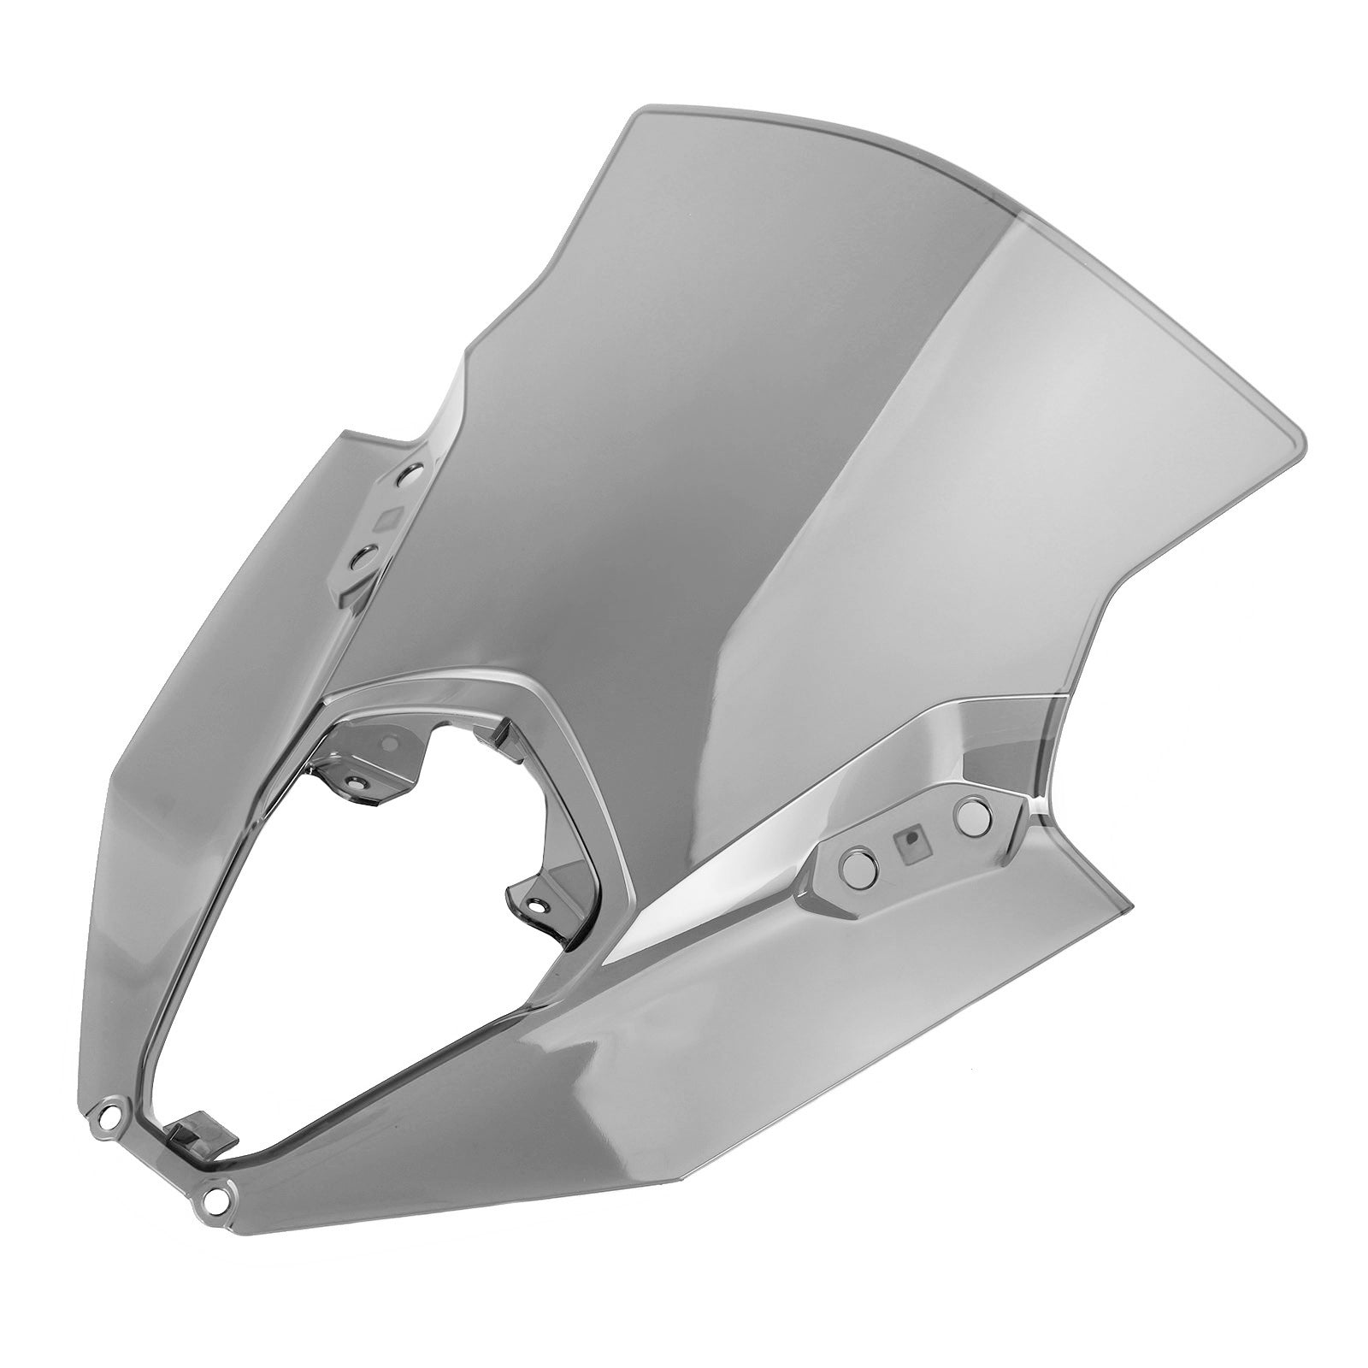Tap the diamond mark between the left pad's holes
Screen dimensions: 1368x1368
click(x=391, y=516)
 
